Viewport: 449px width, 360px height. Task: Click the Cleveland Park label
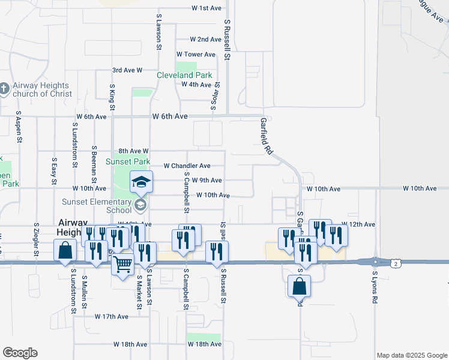click(184, 75)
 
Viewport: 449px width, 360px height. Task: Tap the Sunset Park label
click(128, 161)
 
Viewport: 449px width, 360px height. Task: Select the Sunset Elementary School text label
click(97, 206)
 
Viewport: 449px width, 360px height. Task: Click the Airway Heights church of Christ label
click(43, 89)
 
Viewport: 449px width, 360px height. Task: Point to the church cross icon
click(4, 89)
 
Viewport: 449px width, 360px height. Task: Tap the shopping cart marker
click(122, 263)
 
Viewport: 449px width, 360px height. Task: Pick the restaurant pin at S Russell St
click(217, 252)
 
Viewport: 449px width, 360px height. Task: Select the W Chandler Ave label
click(187, 166)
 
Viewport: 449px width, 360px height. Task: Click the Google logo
click(20, 353)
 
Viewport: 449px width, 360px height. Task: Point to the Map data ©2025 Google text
click(411, 355)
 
